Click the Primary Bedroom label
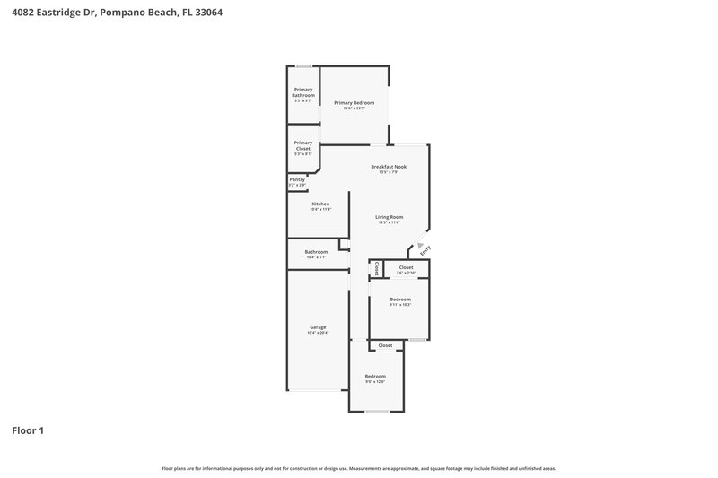click(354, 103)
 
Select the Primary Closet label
click(303, 145)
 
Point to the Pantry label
click(297, 179)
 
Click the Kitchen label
click(320, 204)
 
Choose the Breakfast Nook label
click(390, 167)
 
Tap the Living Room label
click(389, 217)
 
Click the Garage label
click(318, 327)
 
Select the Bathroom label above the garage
click(316, 252)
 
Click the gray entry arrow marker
click(419, 243)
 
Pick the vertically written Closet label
click(377, 268)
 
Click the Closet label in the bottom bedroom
click(385, 345)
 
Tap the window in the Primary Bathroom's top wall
click(304, 65)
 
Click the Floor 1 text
click(28, 430)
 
